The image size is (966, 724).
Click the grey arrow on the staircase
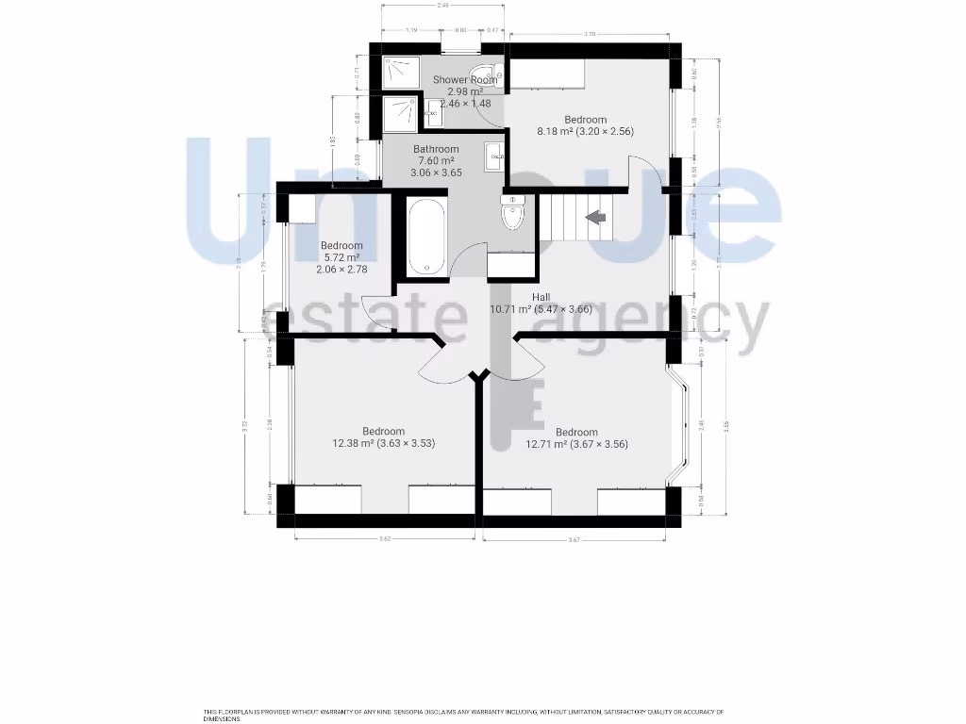pyautogui.click(x=596, y=218)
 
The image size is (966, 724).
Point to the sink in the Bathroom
pyautogui.click(x=494, y=156)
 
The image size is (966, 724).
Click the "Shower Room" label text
pyautogui.click(x=464, y=80)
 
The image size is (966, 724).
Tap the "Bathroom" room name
pyautogui.click(x=436, y=149)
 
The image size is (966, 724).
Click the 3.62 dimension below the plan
pyautogui.click(x=385, y=538)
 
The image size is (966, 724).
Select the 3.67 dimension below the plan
pyautogui.click(x=574, y=539)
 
